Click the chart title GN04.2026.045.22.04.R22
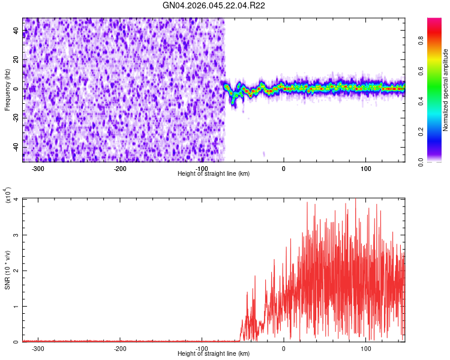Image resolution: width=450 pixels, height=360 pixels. pyautogui.click(x=214, y=5)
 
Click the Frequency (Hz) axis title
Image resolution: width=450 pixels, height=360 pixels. pyautogui.click(x=7, y=90)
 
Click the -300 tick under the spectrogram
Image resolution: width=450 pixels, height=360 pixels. pyautogui.click(x=38, y=169)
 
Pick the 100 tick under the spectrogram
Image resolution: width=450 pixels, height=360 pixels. pyautogui.click(x=366, y=169)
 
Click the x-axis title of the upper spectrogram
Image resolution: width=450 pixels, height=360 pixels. pyautogui.click(x=214, y=174)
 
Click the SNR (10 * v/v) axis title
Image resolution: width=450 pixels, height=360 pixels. pyautogui.click(x=7, y=270)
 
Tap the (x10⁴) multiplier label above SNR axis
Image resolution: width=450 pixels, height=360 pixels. pyautogui.click(x=7, y=196)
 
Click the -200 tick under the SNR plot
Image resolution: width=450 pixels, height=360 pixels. pyautogui.click(x=120, y=349)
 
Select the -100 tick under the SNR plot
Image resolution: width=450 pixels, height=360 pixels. pyautogui.click(x=202, y=349)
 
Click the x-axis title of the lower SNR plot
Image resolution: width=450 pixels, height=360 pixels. pyautogui.click(x=214, y=354)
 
